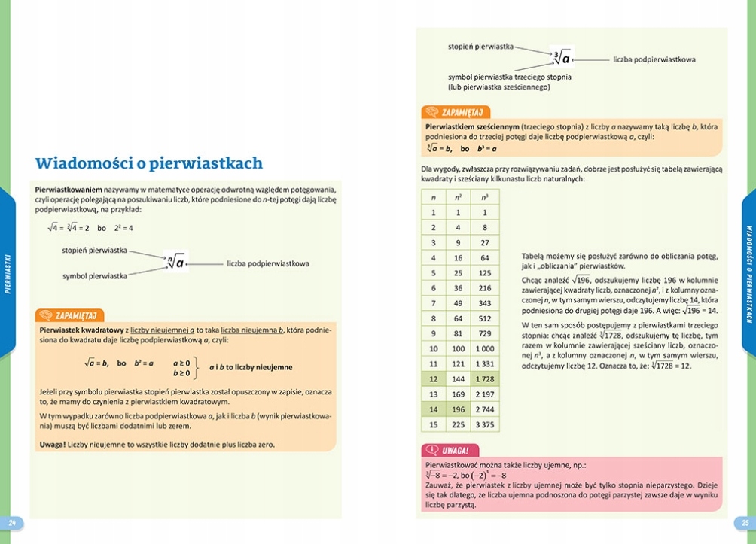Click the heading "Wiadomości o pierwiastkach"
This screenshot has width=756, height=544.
pyautogui.click(x=149, y=163)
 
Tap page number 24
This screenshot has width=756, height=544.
pyautogui.click(x=11, y=522)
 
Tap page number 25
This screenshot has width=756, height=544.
pyautogui.click(x=744, y=522)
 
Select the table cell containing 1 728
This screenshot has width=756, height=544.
pyautogui.click(x=484, y=379)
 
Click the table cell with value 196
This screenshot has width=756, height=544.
pyautogui.click(x=458, y=409)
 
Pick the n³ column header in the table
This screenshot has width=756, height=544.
pyautogui.click(x=484, y=197)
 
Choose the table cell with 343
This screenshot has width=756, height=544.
pyautogui.click(x=484, y=303)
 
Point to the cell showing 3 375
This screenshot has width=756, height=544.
pyautogui.click(x=484, y=424)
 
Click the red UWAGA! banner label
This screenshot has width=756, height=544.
pyautogui.click(x=456, y=450)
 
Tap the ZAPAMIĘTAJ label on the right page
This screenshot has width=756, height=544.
pyautogui.click(x=461, y=112)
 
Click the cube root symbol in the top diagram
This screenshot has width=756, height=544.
pyautogui.click(x=561, y=58)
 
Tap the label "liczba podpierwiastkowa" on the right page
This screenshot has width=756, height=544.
pyautogui.click(x=654, y=59)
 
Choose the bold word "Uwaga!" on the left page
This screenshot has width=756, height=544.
pyautogui.click(x=52, y=445)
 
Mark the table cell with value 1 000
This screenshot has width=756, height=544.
pyautogui.click(x=484, y=348)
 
